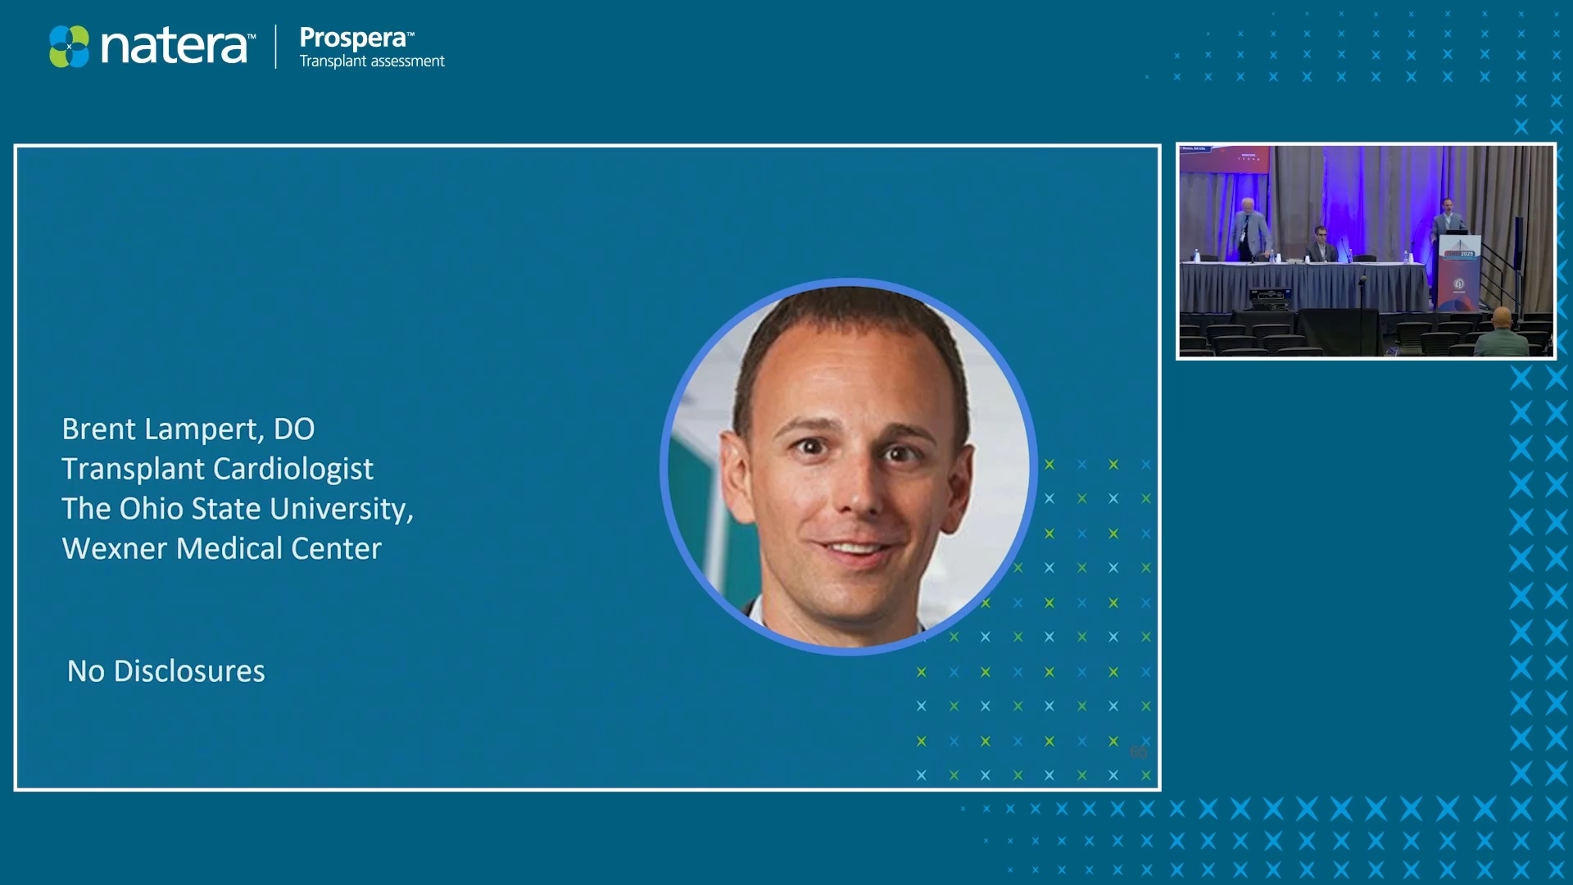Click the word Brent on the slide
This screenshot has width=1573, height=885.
pyautogui.click(x=99, y=429)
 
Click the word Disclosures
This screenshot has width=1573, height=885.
pyautogui.click(x=189, y=671)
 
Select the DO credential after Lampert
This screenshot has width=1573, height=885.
pyautogui.click(x=294, y=429)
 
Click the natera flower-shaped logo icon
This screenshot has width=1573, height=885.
pyautogui.click(x=69, y=47)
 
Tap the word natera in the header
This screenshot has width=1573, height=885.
pyautogui.click(x=174, y=47)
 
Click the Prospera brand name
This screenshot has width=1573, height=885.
pyautogui.click(x=352, y=38)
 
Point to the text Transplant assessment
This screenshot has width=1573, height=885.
pyautogui.click(x=372, y=61)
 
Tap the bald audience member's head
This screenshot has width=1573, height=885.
pyautogui.click(x=1502, y=316)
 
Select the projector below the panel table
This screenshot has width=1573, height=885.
pyautogui.click(x=1269, y=298)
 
